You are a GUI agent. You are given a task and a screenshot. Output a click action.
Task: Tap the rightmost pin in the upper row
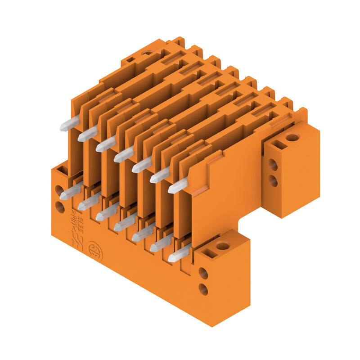[178, 186]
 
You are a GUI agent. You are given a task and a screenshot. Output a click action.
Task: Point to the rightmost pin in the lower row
[179, 254]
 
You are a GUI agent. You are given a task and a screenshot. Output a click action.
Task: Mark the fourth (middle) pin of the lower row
[125, 223]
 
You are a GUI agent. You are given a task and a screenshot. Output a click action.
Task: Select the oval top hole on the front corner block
[222, 246]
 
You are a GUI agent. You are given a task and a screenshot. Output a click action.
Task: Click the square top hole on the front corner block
[209, 253]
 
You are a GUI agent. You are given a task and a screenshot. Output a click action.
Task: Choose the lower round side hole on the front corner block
[203, 289]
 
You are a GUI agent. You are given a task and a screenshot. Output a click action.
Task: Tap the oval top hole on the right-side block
[292, 137]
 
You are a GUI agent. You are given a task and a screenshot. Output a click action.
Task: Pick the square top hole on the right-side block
[279, 145]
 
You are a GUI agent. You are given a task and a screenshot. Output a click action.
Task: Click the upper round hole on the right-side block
[273, 165]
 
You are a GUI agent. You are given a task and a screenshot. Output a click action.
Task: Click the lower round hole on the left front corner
[59, 207]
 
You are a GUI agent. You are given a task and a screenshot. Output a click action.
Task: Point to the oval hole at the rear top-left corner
[147, 53]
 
